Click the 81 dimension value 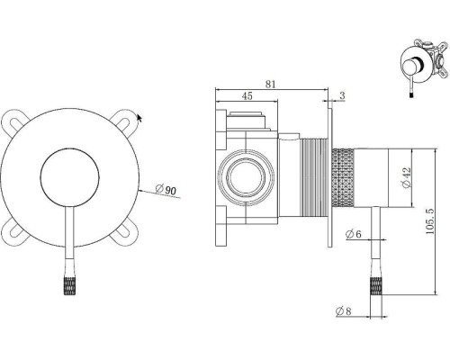270,85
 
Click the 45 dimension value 247,96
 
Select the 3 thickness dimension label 342,95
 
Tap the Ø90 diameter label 166,190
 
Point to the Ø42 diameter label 407,177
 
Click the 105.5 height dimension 429,221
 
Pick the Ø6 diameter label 353,234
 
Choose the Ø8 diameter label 344,311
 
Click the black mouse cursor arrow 139,118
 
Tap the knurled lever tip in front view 69,286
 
